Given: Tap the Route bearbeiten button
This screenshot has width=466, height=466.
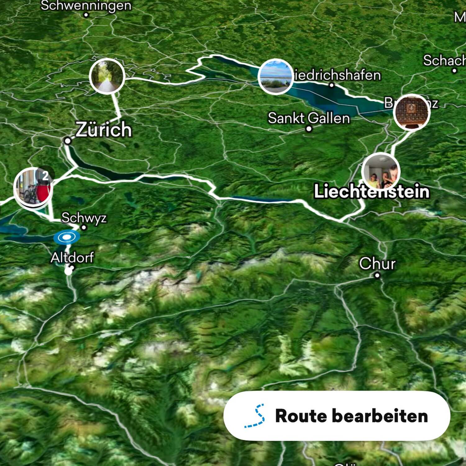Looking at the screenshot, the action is point(336,416).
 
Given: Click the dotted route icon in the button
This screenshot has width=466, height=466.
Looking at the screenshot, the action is point(255,416).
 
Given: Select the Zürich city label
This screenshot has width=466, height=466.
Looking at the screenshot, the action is point(104,129).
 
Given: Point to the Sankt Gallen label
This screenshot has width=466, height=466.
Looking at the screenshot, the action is point(309,118).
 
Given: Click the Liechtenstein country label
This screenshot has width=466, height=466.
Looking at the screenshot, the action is point(372,191).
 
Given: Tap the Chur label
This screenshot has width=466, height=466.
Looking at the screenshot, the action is point(377,263).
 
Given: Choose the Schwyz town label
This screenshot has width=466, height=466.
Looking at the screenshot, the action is point(84,218).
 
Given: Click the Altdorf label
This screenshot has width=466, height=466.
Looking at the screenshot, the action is point(72,258).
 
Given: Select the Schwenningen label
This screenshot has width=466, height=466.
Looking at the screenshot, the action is point(86,5).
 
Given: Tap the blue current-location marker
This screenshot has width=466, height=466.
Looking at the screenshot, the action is point(66,237).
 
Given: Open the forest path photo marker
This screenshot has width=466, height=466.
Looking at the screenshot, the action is point(107,76).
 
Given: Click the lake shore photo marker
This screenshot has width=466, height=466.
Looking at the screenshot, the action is point(275,76).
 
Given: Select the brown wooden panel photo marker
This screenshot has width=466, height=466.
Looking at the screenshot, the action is point(411,112).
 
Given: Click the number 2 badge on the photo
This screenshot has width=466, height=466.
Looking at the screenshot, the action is point(46,176).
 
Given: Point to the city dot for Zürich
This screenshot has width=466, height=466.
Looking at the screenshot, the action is point(67,141).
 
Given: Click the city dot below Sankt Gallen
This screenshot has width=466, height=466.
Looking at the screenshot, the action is point(308,129).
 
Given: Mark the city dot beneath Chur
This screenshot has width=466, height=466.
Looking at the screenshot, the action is point(377,275).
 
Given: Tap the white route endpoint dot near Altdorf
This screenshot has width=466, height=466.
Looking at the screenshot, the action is point(68,271).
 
